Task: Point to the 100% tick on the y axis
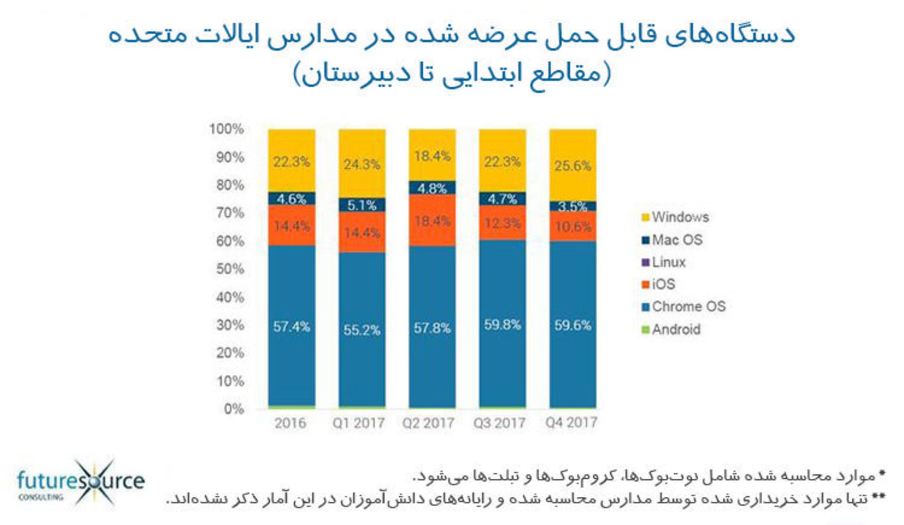tap(226, 129)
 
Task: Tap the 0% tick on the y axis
tap(234, 409)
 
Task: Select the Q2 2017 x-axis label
tap(428, 423)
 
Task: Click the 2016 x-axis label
tap(291, 423)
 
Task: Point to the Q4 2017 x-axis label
tap(571, 422)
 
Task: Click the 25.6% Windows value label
tap(573, 166)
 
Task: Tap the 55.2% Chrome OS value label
tap(362, 330)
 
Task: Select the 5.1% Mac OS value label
tap(362, 205)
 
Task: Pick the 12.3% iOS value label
tap(502, 223)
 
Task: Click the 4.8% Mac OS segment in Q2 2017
tap(432, 188)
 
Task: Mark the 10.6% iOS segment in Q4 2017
tap(573, 227)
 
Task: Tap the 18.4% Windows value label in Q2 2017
tap(432, 156)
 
